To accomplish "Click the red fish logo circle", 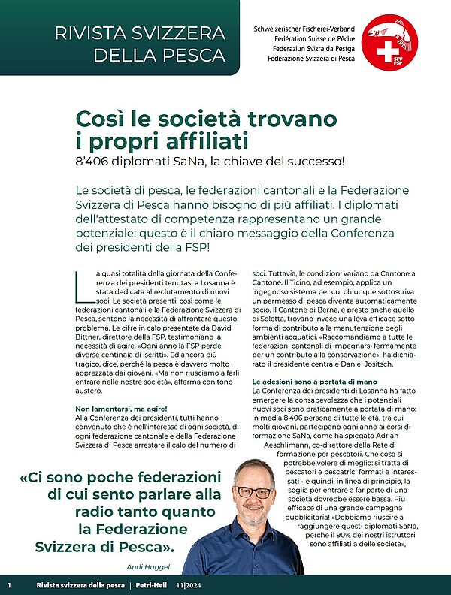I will point(389,42).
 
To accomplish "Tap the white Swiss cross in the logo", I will point(385,52).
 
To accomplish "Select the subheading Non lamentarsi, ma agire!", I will point(121,408).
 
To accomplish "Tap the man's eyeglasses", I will point(253,493).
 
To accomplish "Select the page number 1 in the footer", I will point(9,585).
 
